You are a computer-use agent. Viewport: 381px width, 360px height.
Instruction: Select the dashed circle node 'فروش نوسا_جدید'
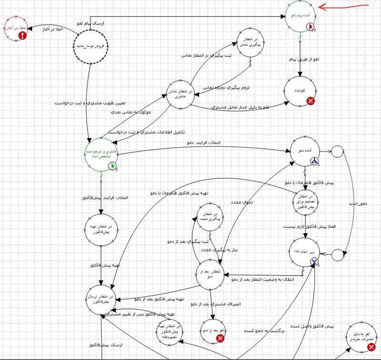coord(90,46)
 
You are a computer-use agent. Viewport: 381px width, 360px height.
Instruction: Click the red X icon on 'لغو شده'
coord(311,101)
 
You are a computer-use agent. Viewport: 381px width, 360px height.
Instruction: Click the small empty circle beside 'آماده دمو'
coord(337,151)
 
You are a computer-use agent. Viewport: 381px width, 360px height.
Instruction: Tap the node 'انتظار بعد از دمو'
coord(211,274)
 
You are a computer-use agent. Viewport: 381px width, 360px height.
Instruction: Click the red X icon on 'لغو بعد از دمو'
coord(221,338)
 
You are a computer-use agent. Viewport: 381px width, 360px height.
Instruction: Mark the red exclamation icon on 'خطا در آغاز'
coord(22,35)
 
